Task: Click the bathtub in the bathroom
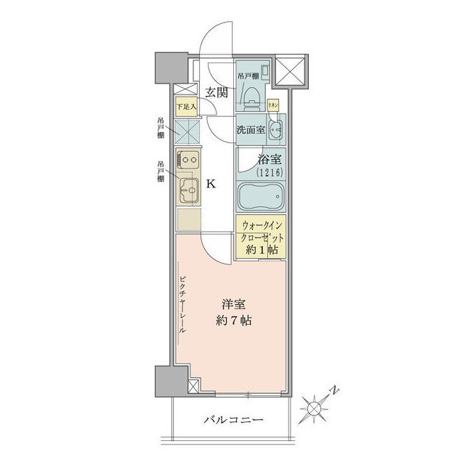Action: tap(261, 195)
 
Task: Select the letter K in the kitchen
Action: tap(211, 184)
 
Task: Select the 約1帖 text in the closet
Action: tap(261, 248)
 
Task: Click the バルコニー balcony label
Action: tap(232, 419)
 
